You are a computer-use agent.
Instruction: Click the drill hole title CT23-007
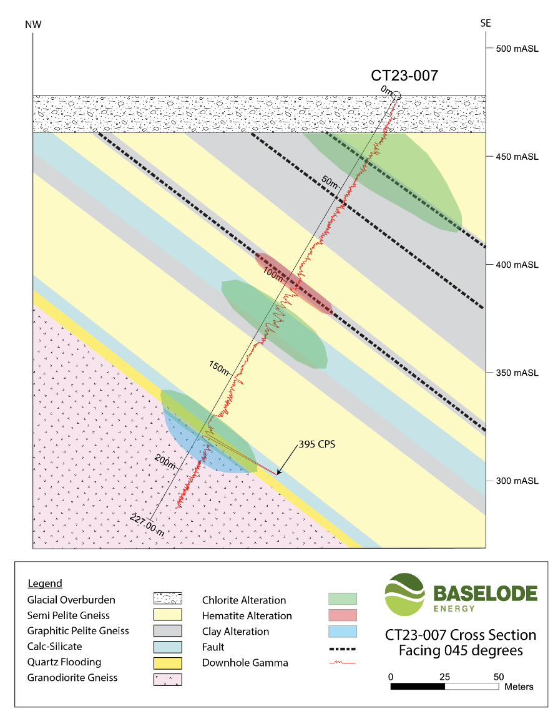[x=404, y=76]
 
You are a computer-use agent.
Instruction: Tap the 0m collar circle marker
[x=396, y=95]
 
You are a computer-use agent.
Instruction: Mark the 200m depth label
[x=165, y=461]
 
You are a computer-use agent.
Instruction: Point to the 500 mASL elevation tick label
[x=517, y=49]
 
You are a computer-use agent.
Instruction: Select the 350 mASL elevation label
[x=517, y=373]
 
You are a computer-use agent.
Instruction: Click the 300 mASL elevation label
[x=517, y=481]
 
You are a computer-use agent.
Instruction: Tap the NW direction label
[x=33, y=24]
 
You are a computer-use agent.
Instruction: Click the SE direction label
[x=486, y=24]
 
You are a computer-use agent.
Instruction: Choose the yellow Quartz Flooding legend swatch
[x=167, y=662]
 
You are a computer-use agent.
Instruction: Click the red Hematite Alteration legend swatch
[x=343, y=615]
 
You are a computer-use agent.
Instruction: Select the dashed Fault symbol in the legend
[x=343, y=647]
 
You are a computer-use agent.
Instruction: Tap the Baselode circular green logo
[x=403, y=595]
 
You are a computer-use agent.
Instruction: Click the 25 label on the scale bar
[x=444, y=677]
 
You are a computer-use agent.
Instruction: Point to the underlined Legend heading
[x=45, y=584]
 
